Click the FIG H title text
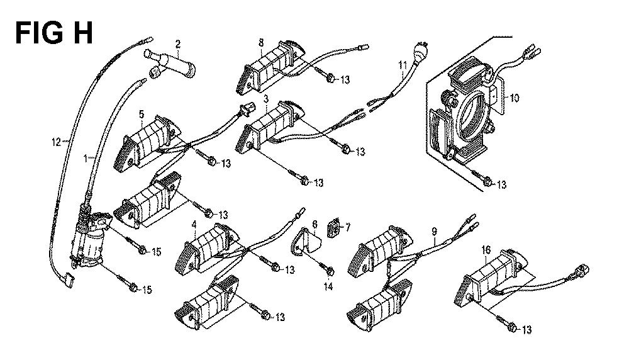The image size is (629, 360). [53, 33]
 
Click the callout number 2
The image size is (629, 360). [178, 44]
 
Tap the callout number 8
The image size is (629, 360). [261, 42]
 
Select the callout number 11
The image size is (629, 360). [403, 65]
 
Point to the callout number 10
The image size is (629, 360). [515, 98]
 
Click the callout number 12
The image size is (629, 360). [56, 142]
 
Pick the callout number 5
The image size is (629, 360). [141, 115]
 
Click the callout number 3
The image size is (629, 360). [266, 98]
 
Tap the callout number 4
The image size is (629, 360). [194, 225]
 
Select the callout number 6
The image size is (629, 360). [314, 224]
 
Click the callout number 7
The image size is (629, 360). [347, 228]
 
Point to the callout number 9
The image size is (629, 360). [434, 232]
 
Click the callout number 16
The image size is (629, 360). [486, 250]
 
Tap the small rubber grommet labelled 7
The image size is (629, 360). [333, 228]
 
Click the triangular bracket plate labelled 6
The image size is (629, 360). [306, 242]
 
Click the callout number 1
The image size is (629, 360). [85, 159]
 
